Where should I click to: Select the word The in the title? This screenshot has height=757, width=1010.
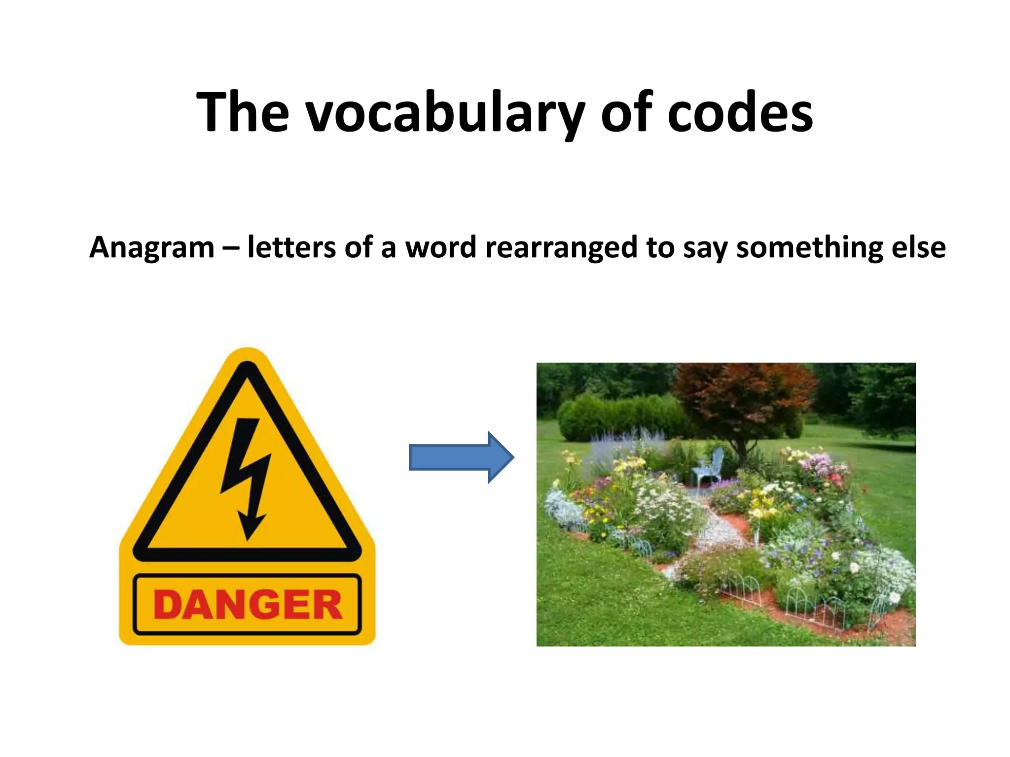(243, 113)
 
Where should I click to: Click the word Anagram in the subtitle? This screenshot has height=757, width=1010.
(152, 247)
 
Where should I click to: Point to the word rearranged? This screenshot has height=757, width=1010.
(561, 247)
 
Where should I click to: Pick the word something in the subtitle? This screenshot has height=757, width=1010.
(809, 247)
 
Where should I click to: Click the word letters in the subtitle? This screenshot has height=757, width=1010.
(291, 247)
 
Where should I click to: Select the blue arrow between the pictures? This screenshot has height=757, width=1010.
(461, 457)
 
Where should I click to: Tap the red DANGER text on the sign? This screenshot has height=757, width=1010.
(248, 605)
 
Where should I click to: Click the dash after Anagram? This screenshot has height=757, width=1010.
(230, 248)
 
